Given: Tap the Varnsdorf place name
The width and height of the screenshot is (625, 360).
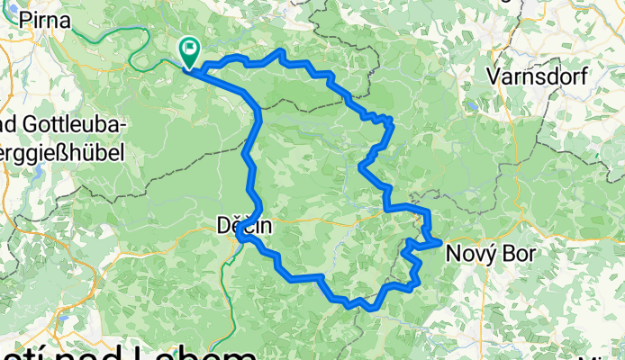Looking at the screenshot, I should coord(538,76).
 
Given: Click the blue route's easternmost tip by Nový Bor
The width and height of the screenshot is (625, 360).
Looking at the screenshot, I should coord(439,241).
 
